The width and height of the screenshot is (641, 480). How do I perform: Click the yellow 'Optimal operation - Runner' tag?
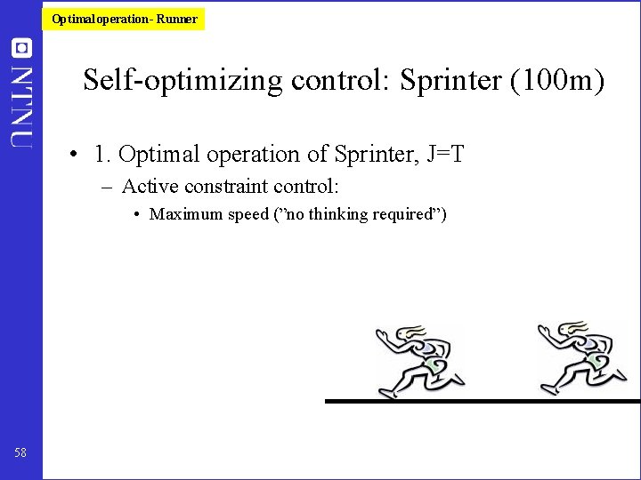coord(124,19)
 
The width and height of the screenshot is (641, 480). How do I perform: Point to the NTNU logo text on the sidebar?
coord(21,105)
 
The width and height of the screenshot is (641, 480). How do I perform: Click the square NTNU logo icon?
coord(21,48)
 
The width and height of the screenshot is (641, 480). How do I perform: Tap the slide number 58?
coord(20,453)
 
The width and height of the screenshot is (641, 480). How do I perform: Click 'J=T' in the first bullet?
coord(445,155)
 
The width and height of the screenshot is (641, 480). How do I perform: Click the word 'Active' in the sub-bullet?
coord(149,187)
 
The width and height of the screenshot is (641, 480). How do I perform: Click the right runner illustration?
coord(580,358)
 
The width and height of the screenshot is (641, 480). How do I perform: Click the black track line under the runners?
coord(481,401)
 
